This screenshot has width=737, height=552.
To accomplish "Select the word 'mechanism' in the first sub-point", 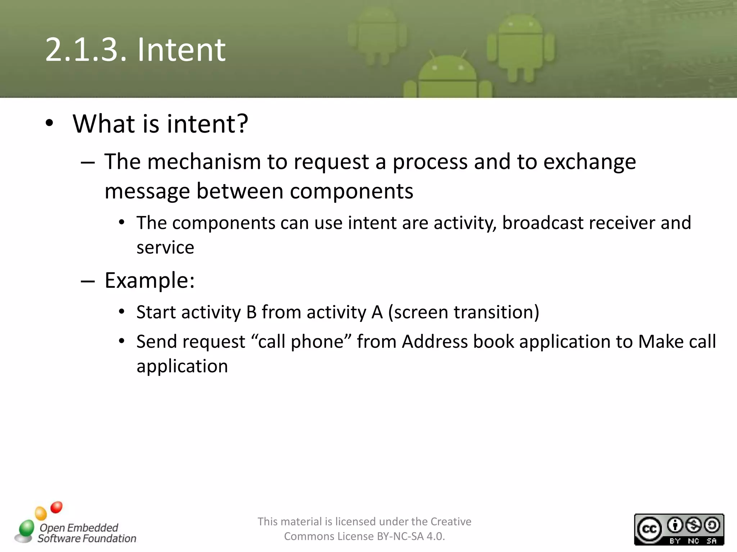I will [x=204, y=162].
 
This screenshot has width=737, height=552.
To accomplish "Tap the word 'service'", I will [x=165, y=248].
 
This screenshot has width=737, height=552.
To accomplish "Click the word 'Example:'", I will [x=150, y=280].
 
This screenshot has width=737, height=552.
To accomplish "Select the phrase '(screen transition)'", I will [x=464, y=312].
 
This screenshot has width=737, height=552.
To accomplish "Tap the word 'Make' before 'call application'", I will [x=660, y=341].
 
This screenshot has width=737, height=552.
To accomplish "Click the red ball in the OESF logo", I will [x=56, y=507].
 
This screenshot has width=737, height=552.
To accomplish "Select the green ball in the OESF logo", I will [x=26, y=528].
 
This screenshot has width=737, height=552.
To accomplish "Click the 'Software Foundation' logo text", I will [x=87, y=538].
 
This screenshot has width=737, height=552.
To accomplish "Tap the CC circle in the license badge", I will [x=650, y=529].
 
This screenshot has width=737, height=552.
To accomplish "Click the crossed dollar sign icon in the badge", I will [x=693, y=525].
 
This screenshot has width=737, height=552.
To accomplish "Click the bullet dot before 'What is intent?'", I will [x=50, y=123].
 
